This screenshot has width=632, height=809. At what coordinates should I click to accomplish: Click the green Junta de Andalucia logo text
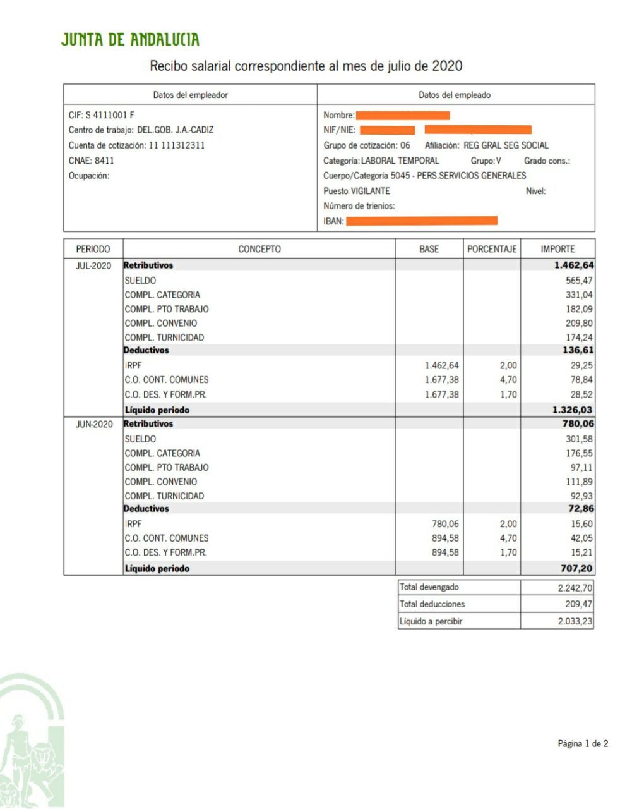(x=130, y=40)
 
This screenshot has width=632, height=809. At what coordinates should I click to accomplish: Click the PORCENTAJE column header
(x=492, y=249)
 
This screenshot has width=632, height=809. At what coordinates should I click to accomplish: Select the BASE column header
(x=429, y=249)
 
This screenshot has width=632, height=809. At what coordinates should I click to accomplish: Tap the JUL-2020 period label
(x=93, y=265)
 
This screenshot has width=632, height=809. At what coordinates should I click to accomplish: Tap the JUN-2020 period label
(x=93, y=424)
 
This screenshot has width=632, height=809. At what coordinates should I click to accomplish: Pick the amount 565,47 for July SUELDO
(x=579, y=281)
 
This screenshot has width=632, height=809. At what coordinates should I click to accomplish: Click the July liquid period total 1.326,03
(x=573, y=410)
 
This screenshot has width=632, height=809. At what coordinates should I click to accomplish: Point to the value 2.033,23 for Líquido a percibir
(x=575, y=621)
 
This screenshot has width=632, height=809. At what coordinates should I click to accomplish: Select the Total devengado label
(x=429, y=587)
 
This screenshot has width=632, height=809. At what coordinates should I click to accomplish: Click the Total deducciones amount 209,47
(x=578, y=604)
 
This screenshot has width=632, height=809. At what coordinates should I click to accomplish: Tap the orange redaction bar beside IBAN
(x=421, y=221)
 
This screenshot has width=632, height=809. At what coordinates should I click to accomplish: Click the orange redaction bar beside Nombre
(x=403, y=115)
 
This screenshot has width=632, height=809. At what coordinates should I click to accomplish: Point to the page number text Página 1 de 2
(x=582, y=744)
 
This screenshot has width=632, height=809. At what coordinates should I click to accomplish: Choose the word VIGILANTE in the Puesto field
(x=371, y=191)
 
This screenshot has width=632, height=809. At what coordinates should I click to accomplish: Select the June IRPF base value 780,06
(x=445, y=524)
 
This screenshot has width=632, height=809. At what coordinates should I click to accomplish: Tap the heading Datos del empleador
(x=190, y=95)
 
